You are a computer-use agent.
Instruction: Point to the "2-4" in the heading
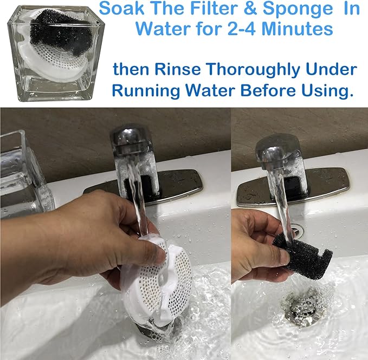click(241, 29)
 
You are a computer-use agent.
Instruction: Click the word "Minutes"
click(297, 29)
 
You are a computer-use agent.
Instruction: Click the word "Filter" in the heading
click(214, 9)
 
